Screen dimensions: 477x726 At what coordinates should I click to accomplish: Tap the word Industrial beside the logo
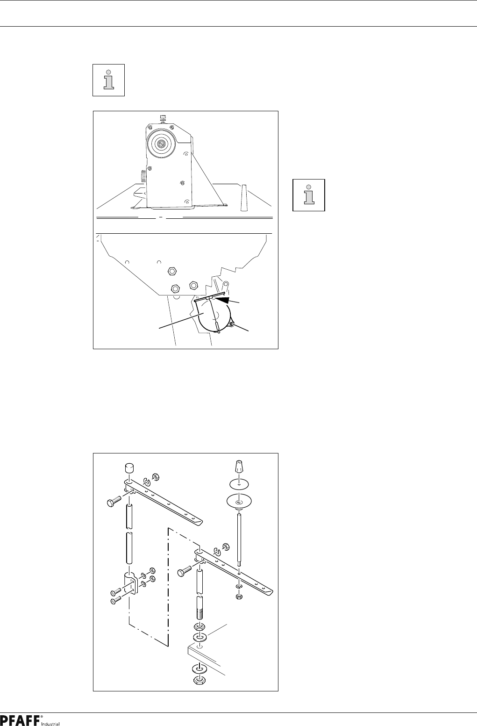click(x=51, y=724)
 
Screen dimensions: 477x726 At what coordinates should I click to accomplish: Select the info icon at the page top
click(x=108, y=80)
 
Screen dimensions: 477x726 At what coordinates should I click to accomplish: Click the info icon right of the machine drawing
click(x=308, y=195)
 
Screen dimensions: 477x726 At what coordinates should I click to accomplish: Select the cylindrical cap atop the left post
click(x=129, y=468)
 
